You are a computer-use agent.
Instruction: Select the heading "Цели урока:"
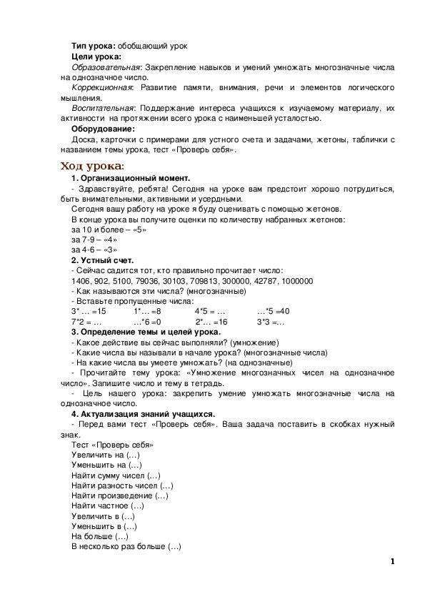(96, 56)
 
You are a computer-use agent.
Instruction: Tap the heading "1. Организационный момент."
(131, 177)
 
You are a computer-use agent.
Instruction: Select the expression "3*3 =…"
(271, 322)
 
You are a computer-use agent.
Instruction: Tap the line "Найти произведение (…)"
(120, 495)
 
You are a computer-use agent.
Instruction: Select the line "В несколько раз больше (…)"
(126, 547)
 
